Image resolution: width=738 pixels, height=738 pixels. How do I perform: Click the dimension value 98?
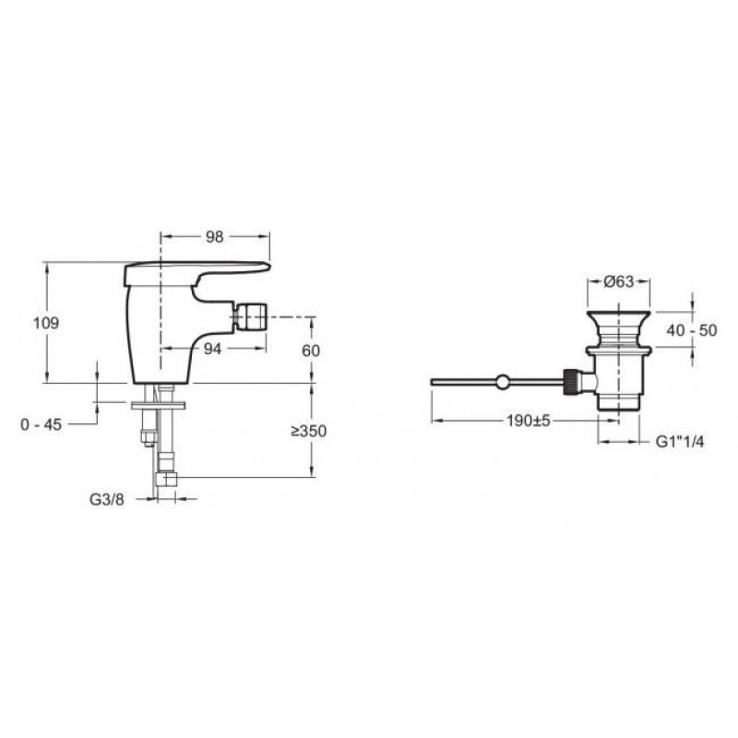pos(215,237)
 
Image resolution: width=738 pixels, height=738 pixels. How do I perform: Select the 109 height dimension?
pos(45,324)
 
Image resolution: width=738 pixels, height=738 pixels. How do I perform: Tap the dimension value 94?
pos(213,349)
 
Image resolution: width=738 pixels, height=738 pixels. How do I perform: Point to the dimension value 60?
pos(311,351)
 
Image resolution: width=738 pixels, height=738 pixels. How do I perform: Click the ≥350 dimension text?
pos(308,431)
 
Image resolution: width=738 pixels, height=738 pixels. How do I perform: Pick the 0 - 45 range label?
pos(41,424)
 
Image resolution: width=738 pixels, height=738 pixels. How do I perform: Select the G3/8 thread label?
pos(107,499)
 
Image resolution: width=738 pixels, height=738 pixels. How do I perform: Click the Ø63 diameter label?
pos(618,281)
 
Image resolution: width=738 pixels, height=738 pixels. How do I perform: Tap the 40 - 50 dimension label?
pos(691,330)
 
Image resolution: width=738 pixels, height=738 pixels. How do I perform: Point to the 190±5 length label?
pos(528,421)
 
